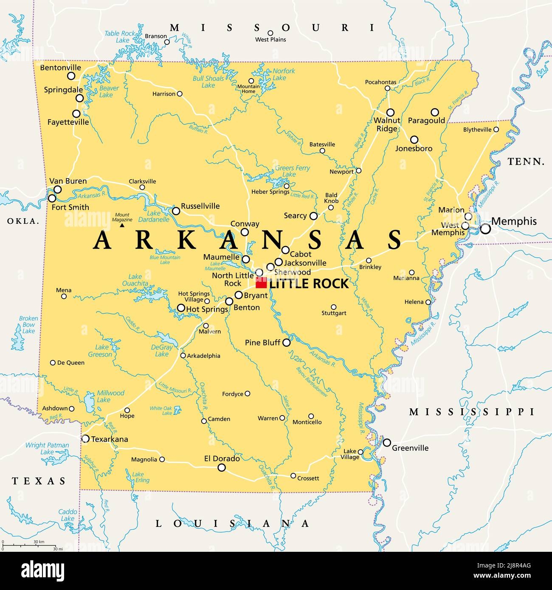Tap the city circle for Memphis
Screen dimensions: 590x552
485,229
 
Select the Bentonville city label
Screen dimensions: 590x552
60,67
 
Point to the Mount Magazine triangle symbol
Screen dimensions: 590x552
122,225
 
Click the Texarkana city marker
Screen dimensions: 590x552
85,439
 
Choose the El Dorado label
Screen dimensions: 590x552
222,459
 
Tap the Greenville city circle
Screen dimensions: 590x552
387,443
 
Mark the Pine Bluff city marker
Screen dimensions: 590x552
287,343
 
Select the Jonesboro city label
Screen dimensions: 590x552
414,149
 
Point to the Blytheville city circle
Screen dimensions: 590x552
496,129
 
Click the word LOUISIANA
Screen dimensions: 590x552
232,524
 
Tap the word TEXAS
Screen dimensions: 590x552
39,481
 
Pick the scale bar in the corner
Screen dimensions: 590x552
30,545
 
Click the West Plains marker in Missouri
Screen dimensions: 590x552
270,33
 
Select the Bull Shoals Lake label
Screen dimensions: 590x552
208,82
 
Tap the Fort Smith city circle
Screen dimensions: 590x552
52,198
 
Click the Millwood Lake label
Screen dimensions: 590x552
110,396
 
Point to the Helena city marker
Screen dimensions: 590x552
428,302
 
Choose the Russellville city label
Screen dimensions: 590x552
200,206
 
